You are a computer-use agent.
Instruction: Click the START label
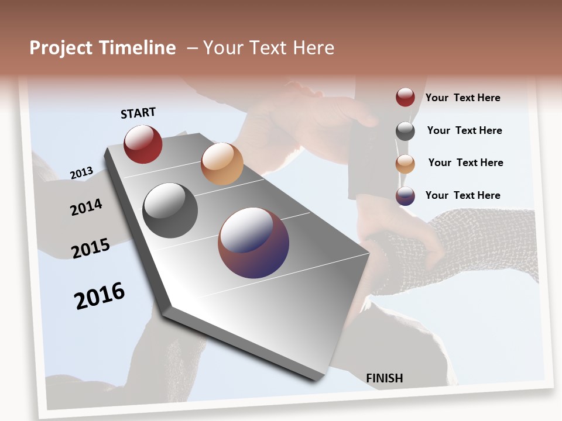[x=138, y=113]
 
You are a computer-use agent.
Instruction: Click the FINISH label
[x=385, y=378]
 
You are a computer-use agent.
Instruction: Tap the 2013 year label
[x=82, y=173]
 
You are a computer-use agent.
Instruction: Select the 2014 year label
[x=86, y=207]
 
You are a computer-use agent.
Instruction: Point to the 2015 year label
[x=91, y=249]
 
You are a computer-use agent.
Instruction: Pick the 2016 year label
[x=100, y=295]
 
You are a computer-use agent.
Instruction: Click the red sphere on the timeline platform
[x=143, y=144]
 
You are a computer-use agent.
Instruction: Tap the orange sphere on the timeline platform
[x=222, y=164]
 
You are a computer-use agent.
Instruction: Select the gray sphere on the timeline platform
[x=170, y=210]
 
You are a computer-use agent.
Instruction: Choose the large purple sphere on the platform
[x=253, y=243]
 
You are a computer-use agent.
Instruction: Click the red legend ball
[x=405, y=97]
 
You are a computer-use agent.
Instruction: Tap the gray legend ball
[x=405, y=131]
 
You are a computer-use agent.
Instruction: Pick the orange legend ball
[x=405, y=164]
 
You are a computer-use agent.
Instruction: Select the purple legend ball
[x=405, y=196]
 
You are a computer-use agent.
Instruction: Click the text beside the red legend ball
[x=462, y=98]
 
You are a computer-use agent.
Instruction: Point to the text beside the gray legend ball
[x=464, y=130]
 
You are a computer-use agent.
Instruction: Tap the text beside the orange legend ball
[x=465, y=163]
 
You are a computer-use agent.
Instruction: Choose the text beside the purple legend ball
[x=462, y=195]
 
